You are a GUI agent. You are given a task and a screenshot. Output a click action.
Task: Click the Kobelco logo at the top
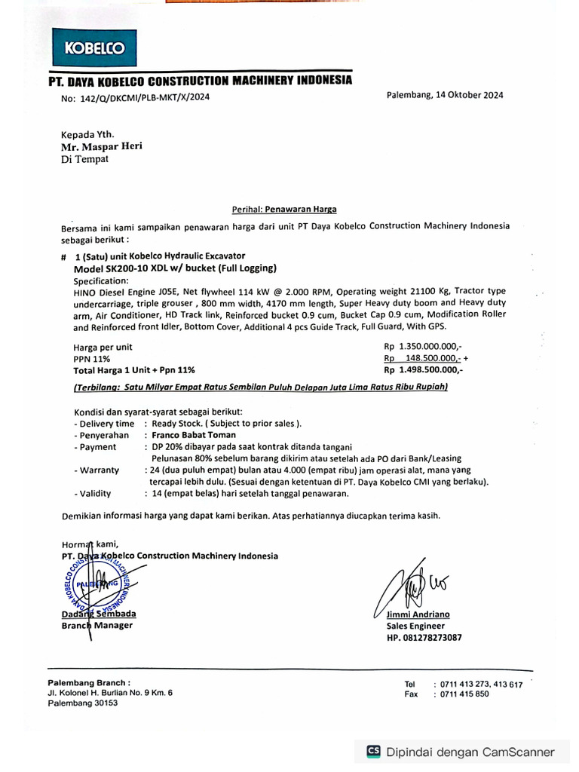pyautogui.click(x=94, y=48)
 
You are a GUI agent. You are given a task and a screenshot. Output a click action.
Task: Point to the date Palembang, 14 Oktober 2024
pyautogui.click(x=445, y=95)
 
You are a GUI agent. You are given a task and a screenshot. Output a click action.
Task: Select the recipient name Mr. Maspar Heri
pyautogui.click(x=101, y=146)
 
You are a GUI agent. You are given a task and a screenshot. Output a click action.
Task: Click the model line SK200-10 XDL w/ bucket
pyautogui.click(x=175, y=268)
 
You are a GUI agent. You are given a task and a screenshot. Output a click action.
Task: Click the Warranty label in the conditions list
pyautogui.click(x=98, y=470)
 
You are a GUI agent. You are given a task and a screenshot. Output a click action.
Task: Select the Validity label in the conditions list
pyautogui.click(x=95, y=493)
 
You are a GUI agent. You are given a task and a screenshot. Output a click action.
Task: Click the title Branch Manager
pyautogui.click(x=96, y=625)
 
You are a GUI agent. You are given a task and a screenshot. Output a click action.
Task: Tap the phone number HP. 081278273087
pyautogui.click(x=424, y=637)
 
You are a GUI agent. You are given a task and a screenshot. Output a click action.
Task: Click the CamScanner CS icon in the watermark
pyautogui.click(x=373, y=752)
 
